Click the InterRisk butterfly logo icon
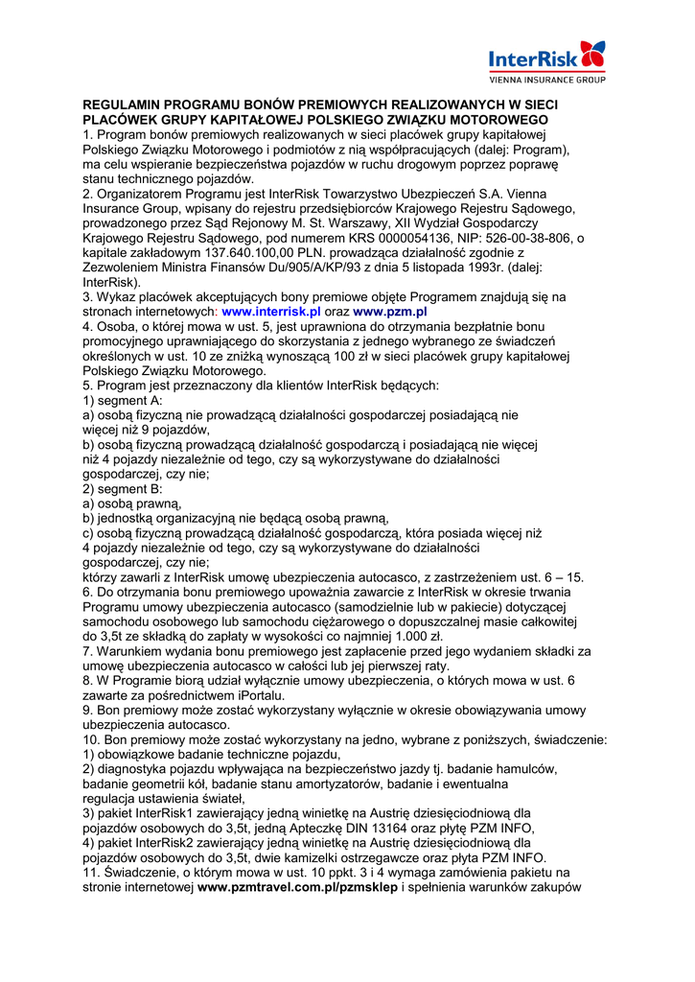[x=592, y=53]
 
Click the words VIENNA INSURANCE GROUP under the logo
[x=547, y=81]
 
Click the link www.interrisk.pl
[x=271, y=312]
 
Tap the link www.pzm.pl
[x=390, y=312]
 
